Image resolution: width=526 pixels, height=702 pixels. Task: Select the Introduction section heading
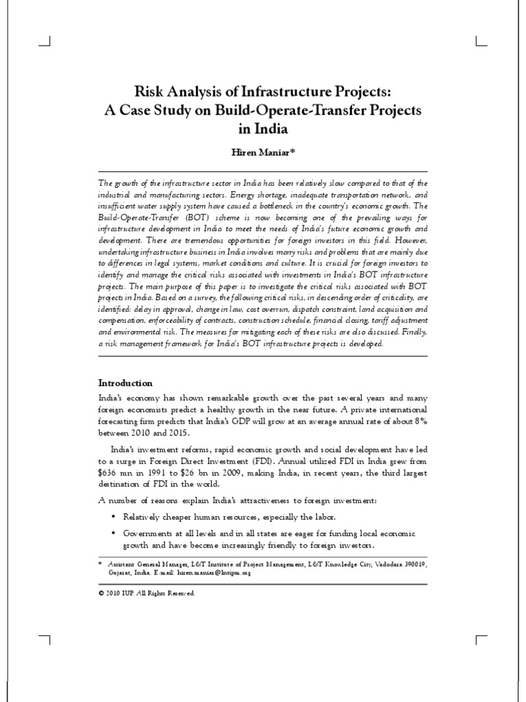125,383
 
